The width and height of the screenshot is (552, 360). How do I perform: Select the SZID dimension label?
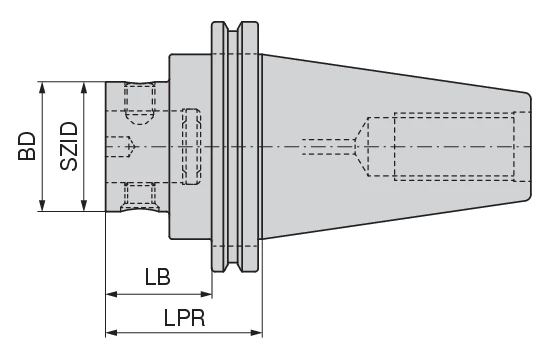tap(68, 146)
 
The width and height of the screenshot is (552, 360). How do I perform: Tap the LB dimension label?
tap(157, 275)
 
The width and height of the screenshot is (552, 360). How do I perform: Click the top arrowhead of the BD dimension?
tap(42, 86)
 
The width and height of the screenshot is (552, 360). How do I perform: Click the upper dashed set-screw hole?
tap(140, 99)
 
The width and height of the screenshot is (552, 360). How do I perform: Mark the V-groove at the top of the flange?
tap(233, 31)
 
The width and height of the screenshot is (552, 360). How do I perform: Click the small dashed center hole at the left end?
tap(121, 146)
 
